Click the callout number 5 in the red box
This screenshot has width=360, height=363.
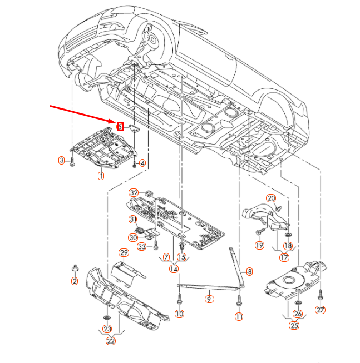[x=120, y=126]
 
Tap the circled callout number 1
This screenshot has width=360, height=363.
[x=101, y=176]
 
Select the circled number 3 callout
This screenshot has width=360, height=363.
[x=62, y=161]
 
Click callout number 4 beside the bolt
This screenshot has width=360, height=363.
[x=142, y=163]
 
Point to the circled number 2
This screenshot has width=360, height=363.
[x=75, y=281]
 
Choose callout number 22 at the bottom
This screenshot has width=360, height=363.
[x=111, y=341]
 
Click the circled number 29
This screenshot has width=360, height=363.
[x=124, y=253]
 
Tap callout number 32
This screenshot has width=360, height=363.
[x=134, y=192]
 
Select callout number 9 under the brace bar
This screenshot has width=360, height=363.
[x=209, y=299]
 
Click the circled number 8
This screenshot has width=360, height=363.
[x=249, y=271]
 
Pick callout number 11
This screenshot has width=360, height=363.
[x=239, y=317]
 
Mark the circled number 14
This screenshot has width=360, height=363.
[x=174, y=269]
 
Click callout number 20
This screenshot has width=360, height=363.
[x=271, y=198]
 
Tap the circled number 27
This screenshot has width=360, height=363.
[x=320, y=310]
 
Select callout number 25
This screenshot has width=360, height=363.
[x=294, y=326]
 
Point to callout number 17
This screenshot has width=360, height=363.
[x=284, y=257]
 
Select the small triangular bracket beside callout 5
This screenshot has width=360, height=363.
[x=134, y=128]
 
